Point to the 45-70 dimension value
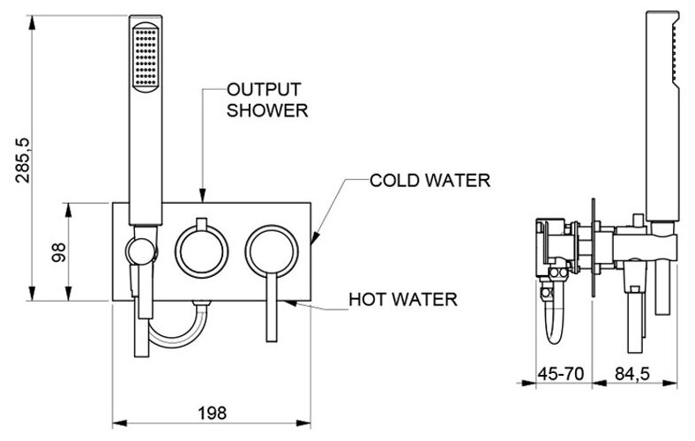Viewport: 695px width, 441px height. [x=562, y=375]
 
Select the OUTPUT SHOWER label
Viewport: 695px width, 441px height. [x=267, y=101]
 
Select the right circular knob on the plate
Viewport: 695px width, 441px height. [x=273, y=250]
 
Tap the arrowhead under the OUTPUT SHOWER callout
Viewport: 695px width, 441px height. [x=203, y=198]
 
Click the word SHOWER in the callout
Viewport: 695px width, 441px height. [x=266, y=112]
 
